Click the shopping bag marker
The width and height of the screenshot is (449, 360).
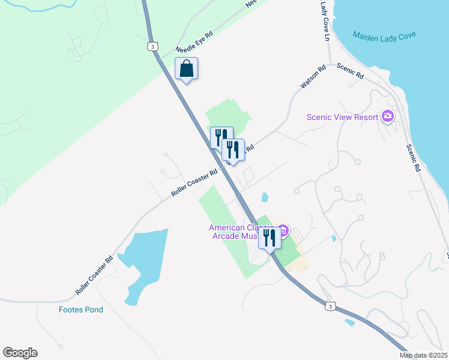[186, 69]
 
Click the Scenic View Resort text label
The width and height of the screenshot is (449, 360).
[343, 117]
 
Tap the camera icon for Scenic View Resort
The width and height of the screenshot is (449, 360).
[388, 116]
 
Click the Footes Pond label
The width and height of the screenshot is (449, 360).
[81, 310]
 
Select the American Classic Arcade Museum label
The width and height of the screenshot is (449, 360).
[241, 232]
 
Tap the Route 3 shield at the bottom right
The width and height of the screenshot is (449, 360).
[330, 306]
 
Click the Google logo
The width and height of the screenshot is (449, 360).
[20, 353]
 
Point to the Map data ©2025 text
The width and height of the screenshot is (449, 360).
[423, 355]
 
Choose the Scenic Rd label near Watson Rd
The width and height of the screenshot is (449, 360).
[350, 71]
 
